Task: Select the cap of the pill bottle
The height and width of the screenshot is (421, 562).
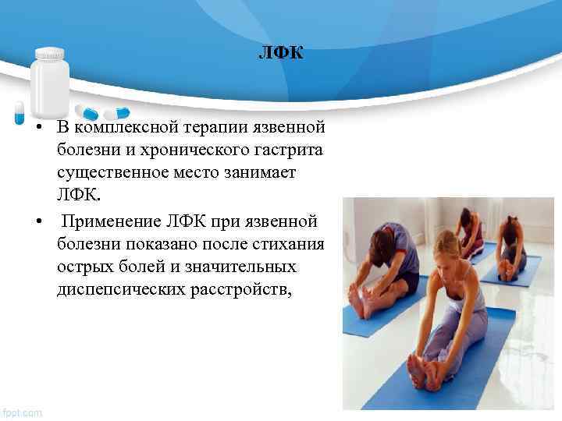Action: (x=50, y=55)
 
